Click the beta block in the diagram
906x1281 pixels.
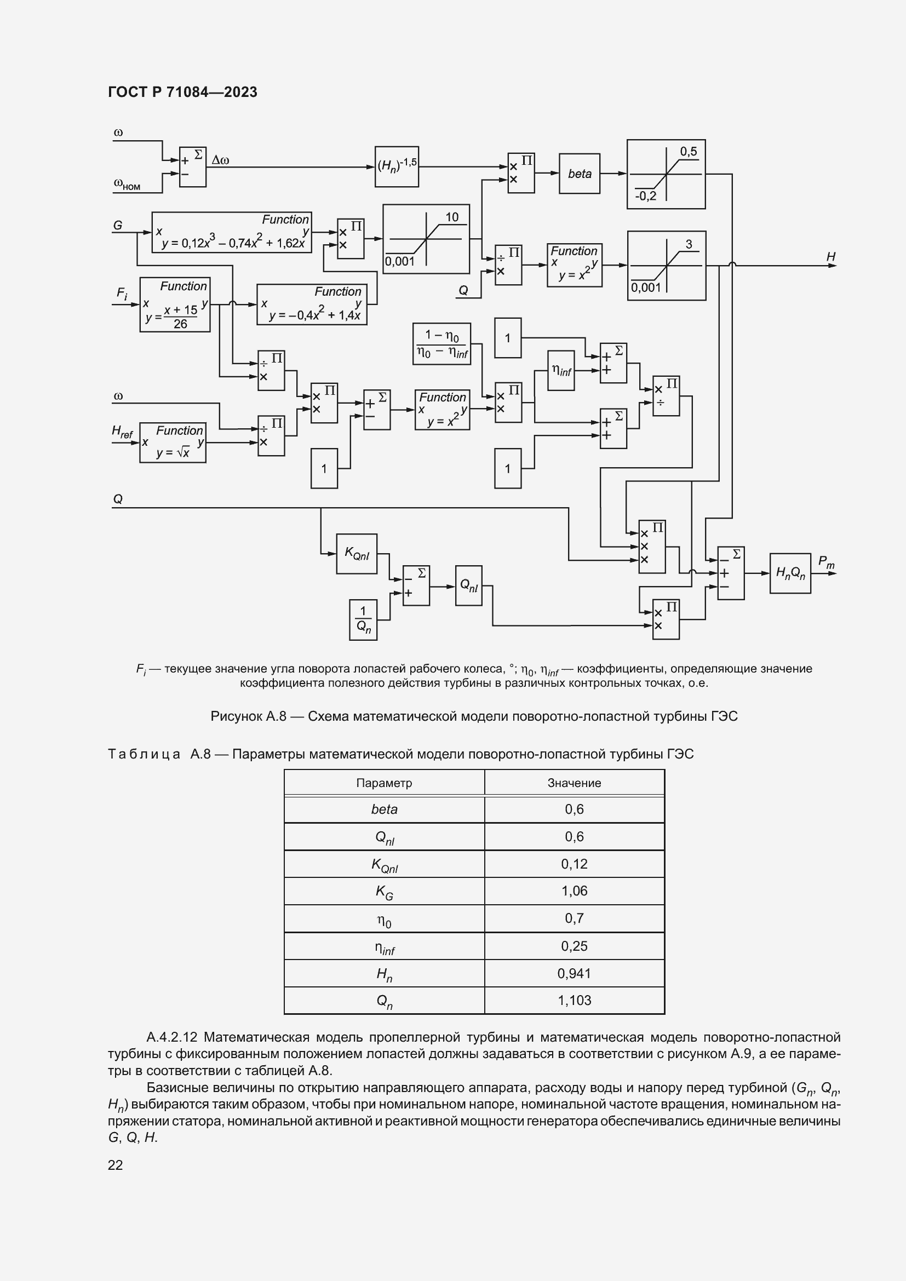point(579,174)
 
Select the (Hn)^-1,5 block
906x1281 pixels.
point(397,166)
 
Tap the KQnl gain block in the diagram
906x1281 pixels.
point(357,554)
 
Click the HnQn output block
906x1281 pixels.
point(790,573)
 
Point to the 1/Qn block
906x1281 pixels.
point(363,619)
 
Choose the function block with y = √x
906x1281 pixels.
point(173,443)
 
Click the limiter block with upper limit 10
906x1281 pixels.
point(426,239)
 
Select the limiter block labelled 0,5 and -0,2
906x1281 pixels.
point(666,174)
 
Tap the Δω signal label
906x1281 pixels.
point(220,160)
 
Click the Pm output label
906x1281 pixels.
point(825,562)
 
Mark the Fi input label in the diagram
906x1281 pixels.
point(122,293)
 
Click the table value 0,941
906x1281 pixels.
point(574,973)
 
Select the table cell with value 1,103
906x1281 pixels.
point(574,1001)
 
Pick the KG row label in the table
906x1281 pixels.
point(384,891)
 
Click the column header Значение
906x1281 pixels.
point(574,783)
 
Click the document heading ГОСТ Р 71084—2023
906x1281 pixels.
point(182,92)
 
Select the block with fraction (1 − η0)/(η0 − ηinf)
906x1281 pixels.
point(441,344)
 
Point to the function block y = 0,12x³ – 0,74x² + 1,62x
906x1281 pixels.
point(232,232)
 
